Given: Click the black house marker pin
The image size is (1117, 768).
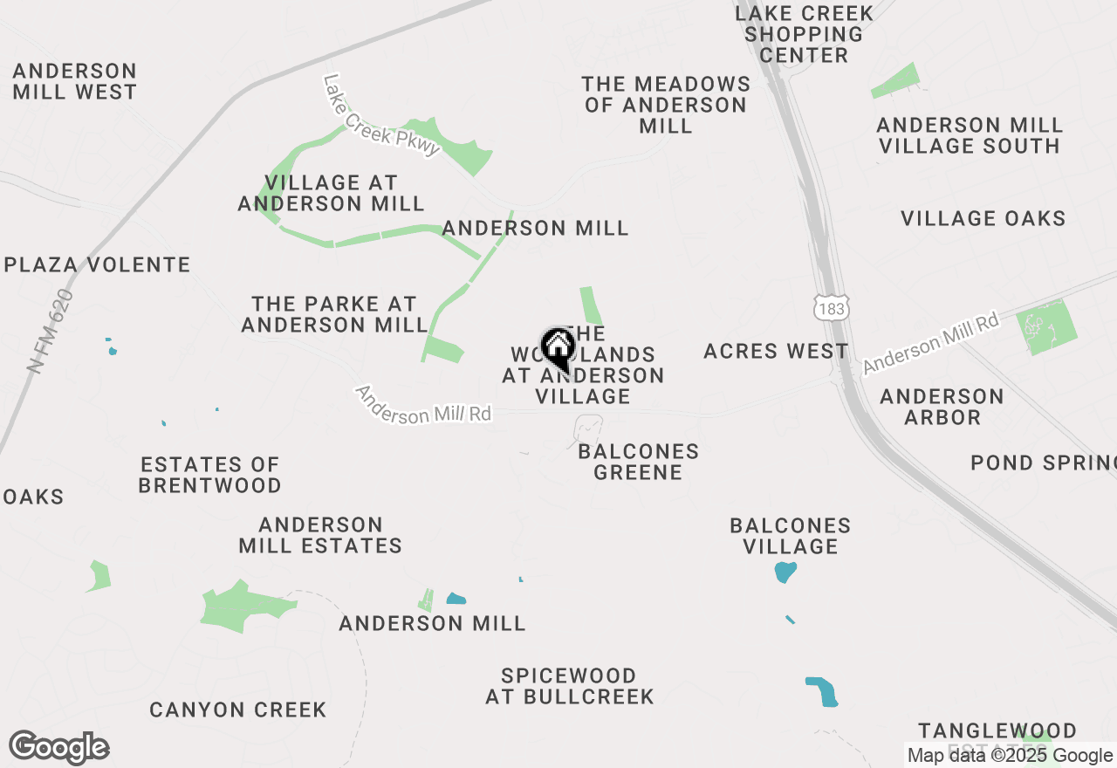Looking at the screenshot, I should point(558,349).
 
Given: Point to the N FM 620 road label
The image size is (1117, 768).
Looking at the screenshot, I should point(51,332).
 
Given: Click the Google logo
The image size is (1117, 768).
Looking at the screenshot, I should point(59,747).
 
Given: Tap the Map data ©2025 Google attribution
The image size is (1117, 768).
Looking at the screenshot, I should point(1010,756).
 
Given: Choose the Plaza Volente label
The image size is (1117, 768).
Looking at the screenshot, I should point(97,264).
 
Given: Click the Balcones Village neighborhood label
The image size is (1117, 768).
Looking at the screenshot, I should point(791,536).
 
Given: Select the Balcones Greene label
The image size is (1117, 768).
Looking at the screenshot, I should point(638,462).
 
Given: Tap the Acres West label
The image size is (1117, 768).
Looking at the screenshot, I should point(776,351).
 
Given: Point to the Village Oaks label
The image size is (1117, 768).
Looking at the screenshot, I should point(983,218).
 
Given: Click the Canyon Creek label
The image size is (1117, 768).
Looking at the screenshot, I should point(237,710).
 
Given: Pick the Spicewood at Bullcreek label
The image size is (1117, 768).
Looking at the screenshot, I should point(569,686).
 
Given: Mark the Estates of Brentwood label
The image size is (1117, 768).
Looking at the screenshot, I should point(209,475).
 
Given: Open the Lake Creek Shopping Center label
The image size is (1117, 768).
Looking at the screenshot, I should point(804,34).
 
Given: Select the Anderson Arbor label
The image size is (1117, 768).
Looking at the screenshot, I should point(942,407).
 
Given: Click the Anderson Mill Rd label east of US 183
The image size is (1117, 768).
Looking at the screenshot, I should point(930,344).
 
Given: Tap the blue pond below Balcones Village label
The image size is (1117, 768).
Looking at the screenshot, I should point(785,573).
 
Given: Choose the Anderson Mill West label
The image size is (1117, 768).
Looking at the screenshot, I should point(75,81).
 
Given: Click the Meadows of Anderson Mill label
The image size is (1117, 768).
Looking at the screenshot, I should point(666,105).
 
